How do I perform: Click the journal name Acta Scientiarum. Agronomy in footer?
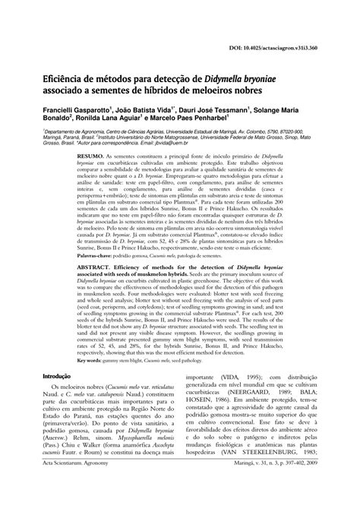click(x=67, y=498)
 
